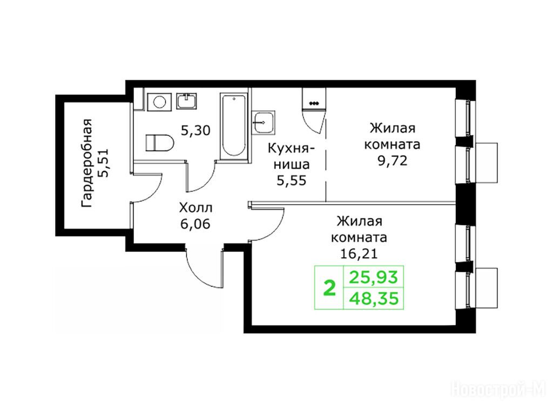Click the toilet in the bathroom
(x=159, y=143)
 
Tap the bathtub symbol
(x=233, y=125)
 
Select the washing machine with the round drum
(x=159, y=102)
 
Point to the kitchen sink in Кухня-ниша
(x=264, y=122)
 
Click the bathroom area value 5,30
(x=195, y=131)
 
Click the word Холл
(x=195, y=208)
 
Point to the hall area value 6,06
(x=195, y=224)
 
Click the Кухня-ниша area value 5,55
(x=292, y=181)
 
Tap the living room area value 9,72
(x=392, y=161)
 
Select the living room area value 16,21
(x=359, y=253)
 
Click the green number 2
(x=329, y=288)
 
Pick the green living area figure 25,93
(x=374, y=277)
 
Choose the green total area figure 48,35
(x=374, y=299)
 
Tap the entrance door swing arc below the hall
(x=198, y=274)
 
